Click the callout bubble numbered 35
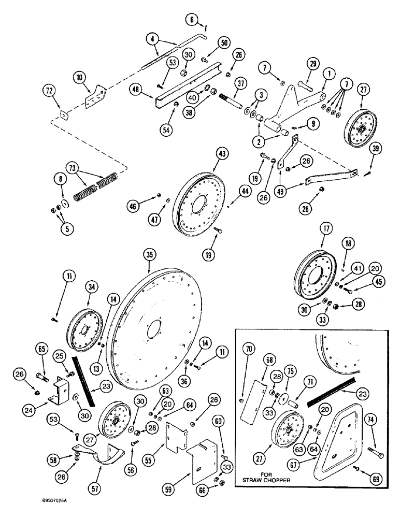tap(149, 255)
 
